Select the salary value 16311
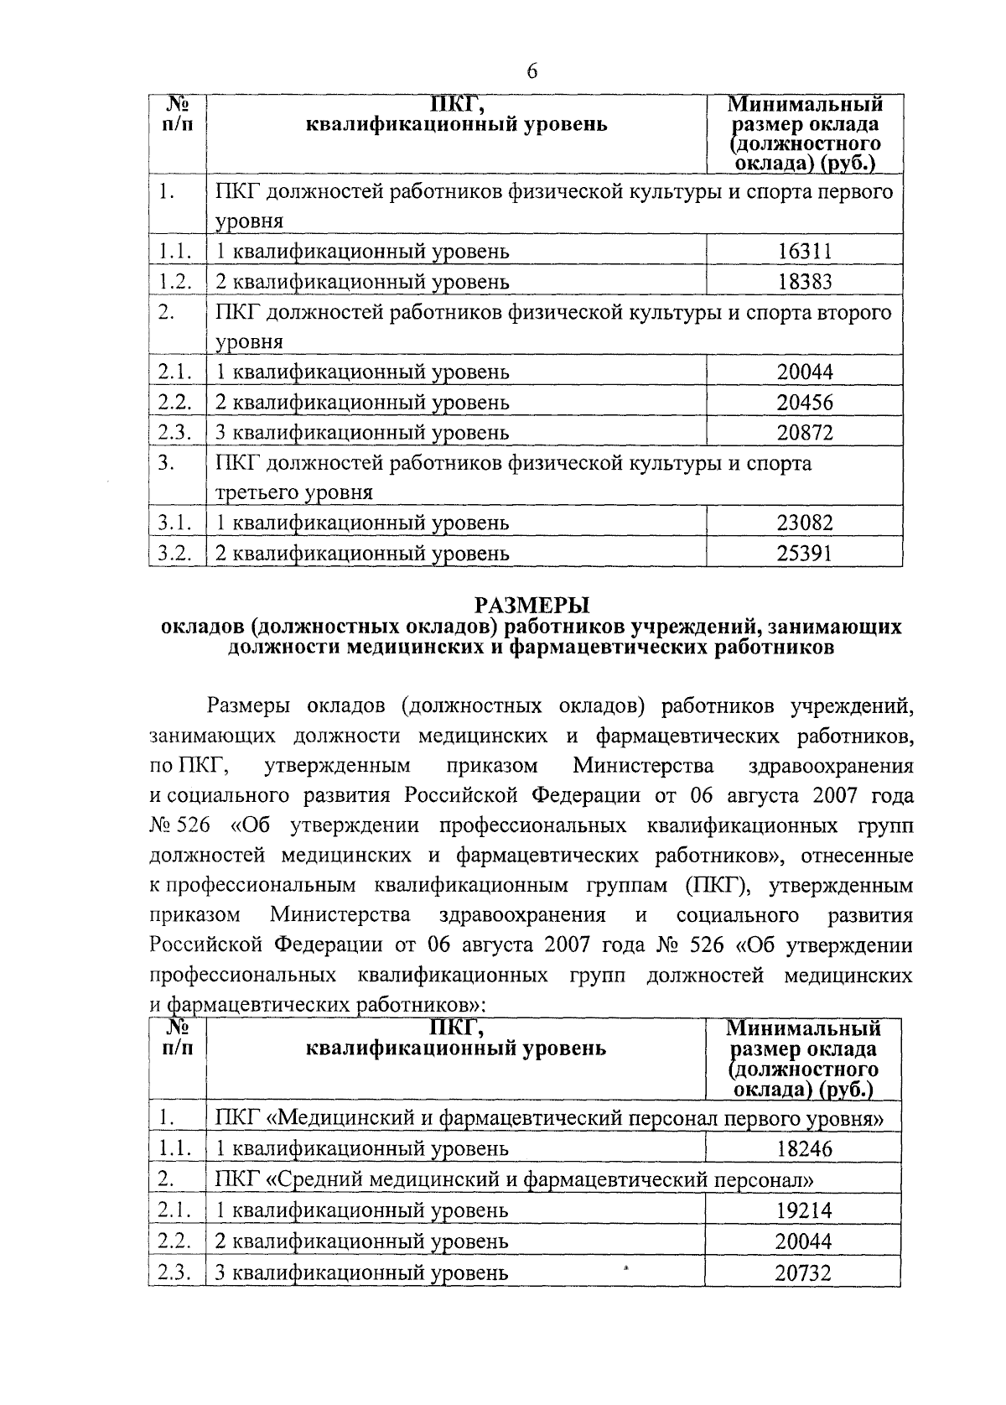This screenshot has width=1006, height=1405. (804, 252)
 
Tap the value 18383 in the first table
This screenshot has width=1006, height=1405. (804, 282)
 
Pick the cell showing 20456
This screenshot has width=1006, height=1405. (804, 403)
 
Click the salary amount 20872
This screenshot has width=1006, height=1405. (804, 433)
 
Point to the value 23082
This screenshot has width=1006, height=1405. (804, 523)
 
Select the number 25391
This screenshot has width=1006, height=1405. (804, 554)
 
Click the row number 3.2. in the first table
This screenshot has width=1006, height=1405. (176, 554)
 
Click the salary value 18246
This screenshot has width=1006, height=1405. (804, 1149)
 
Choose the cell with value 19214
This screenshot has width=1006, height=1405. (802, 1210)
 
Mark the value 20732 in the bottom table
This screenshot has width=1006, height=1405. (802, 1273)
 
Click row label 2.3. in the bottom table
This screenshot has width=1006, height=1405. (176, 1272)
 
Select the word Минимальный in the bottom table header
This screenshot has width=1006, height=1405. (804, 1028)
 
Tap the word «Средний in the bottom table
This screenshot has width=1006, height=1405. (311, 1180)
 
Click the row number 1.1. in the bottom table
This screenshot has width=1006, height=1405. (176, 1148)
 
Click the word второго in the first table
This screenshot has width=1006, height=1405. (853, 312)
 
